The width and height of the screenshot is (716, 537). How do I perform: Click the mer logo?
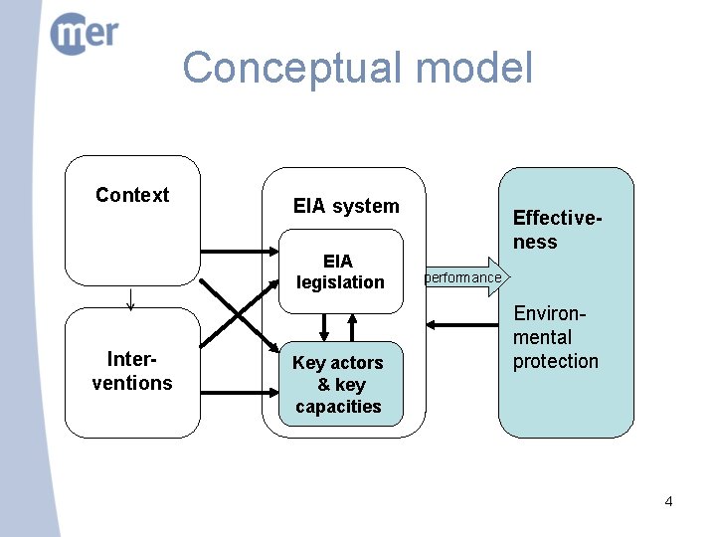click(84, 34)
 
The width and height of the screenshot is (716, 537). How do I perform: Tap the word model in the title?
click(474, 67)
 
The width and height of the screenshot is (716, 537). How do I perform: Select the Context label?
click(132, 195)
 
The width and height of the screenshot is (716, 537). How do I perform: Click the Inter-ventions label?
click(132, 371)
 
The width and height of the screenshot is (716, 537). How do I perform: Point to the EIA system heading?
click(346, 206)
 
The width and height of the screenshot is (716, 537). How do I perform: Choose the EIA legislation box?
click(341, 271)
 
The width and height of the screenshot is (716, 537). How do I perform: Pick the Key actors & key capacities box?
click(341, 384)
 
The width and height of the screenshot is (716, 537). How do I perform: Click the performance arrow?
click(467, 277)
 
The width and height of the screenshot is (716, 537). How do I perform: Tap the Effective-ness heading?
click(558, 230)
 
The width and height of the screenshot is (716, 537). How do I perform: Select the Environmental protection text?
click(555, 337)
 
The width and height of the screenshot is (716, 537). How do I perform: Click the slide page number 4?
click(668, 502)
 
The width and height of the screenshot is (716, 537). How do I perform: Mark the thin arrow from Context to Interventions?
click(130, 299)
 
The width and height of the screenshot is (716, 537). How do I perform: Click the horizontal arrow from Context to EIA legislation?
click(240, 252)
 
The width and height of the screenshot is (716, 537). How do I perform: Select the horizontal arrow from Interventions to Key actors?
click(240, 392)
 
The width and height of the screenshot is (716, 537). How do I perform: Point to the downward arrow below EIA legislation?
click(324, 327)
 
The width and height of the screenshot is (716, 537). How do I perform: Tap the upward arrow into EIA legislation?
click(352, 327)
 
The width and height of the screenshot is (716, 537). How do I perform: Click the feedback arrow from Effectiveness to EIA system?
click(462, 325)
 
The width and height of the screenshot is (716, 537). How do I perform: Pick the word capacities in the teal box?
click(338, 407)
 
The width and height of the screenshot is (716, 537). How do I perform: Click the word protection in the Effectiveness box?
click(555, 361)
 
